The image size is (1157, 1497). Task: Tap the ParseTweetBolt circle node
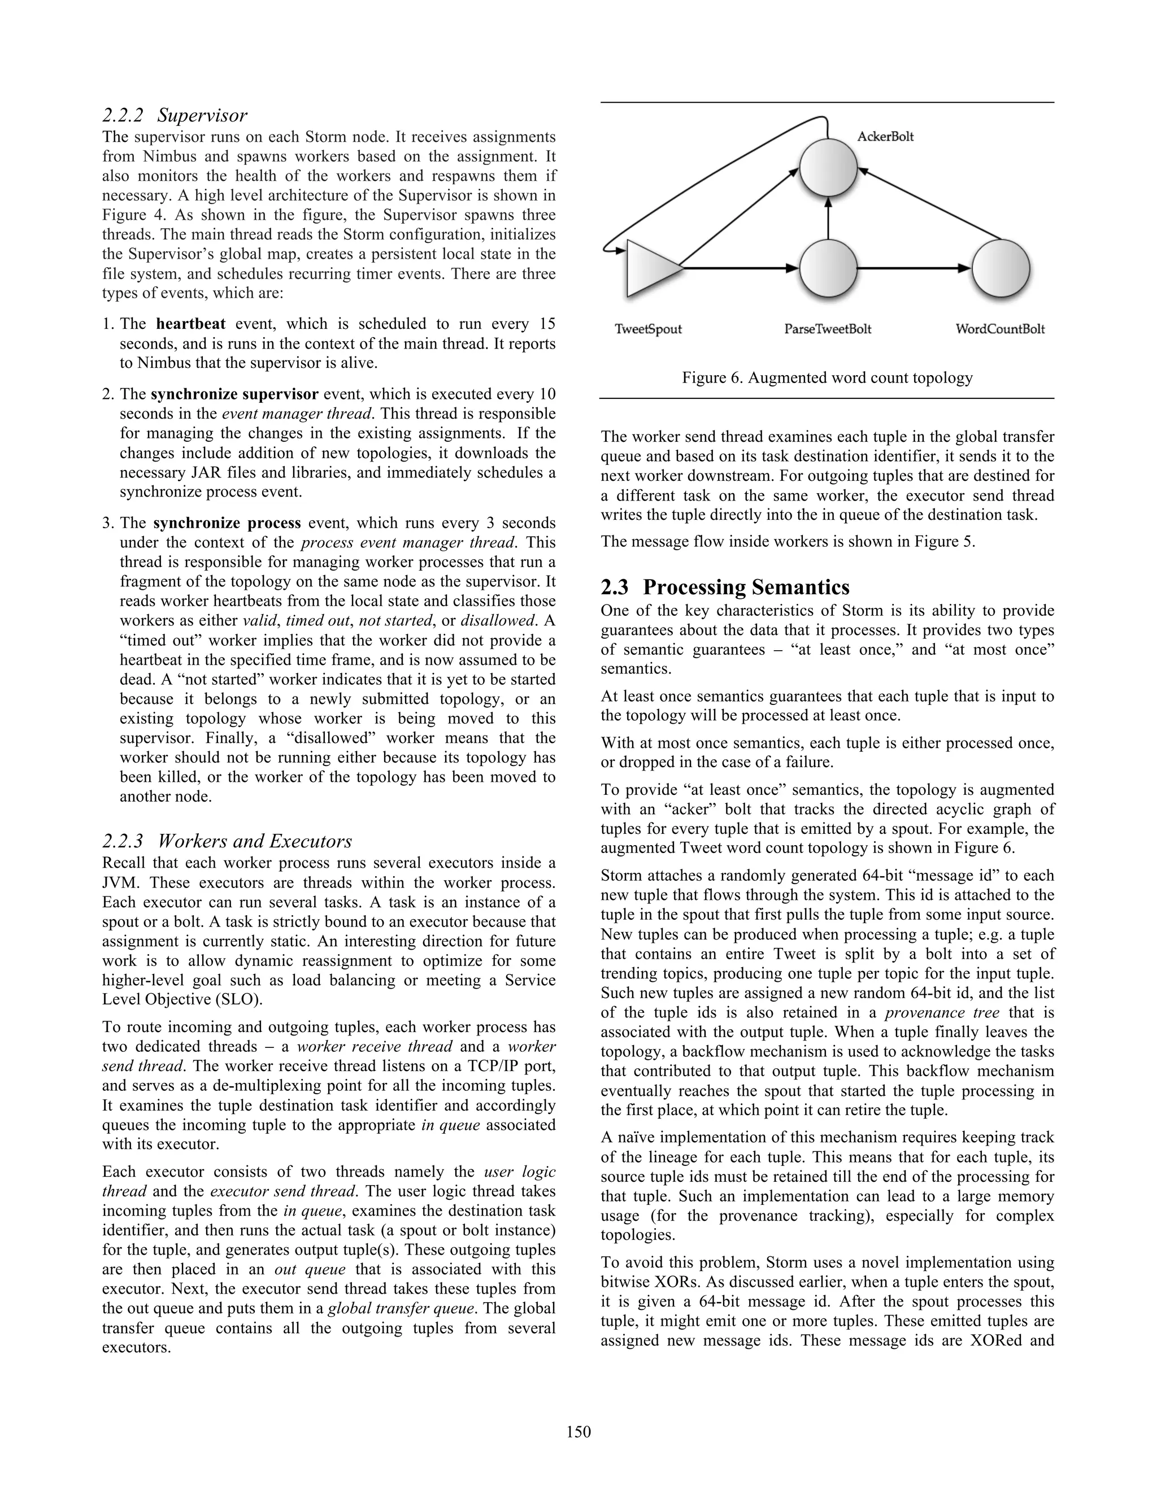point(828,268)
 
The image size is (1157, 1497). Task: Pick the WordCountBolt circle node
point(1001,268)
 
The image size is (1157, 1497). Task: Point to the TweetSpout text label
point(648,329)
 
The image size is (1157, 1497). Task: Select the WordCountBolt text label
point(1000,329)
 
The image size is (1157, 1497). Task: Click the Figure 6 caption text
point(827,378)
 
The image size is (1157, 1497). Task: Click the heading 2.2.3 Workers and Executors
point(227,841)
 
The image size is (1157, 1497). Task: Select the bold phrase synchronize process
point(227,523)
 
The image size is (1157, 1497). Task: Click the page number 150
point(578,1431)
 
